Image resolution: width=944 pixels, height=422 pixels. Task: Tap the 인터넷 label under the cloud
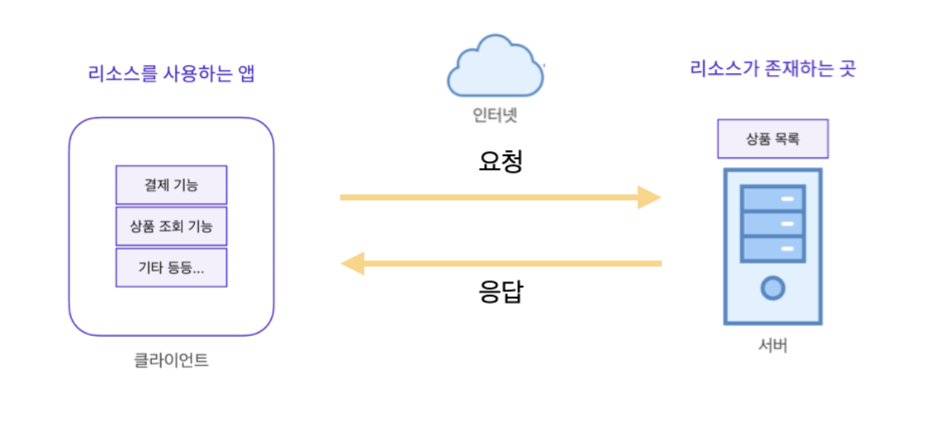click(495, 114)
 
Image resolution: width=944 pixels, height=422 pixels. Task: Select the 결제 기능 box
click(171, 185)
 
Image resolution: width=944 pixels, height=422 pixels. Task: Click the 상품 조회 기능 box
click(171, 226)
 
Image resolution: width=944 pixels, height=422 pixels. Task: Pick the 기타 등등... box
click(171, 267)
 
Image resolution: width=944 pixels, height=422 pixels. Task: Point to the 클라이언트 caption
click(171, 361)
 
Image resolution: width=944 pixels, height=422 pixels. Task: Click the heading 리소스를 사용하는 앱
click(171, 74)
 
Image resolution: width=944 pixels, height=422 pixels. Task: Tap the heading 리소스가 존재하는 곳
click(773, 68)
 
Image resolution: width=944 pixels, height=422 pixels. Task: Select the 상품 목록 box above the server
click(772, 138)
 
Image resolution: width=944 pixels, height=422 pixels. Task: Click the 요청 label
click(499, 161)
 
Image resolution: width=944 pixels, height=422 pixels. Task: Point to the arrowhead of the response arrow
click(352, 264)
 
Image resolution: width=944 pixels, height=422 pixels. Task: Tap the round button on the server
click(772, 288)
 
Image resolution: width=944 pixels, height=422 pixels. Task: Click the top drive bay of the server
click(772, 198)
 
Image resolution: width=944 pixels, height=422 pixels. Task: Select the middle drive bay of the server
click(772, 224)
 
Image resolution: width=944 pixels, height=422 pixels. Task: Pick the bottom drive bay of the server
click(772, 248)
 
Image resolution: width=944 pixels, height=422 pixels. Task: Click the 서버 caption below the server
click(772, 346)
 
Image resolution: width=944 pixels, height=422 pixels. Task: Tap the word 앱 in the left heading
click(245, 74)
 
